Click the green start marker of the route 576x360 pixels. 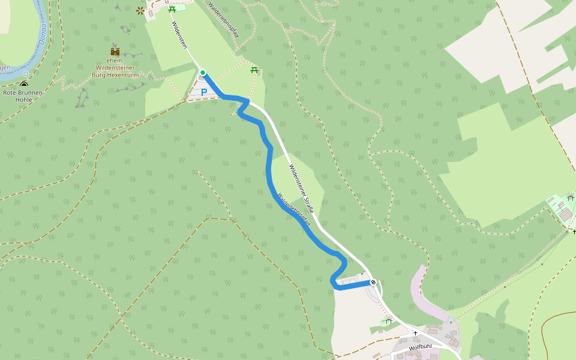point(203,73)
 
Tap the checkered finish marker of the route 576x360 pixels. point(373,282)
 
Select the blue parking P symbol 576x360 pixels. point(204,92)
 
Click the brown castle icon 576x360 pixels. point(115,52)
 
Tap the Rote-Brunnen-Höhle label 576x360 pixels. point(23,96)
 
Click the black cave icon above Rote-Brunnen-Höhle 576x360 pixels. point(24,85)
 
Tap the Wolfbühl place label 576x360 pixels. point(420,347)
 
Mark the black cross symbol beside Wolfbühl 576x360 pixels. point(415,333)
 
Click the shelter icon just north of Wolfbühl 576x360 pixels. point(388,321)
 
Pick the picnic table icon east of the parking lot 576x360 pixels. point(254,70)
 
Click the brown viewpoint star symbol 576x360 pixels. point(140,10)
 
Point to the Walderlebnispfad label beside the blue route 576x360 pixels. point(293,209)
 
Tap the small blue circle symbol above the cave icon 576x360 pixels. point(26,73)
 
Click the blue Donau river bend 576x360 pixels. point(36,54)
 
